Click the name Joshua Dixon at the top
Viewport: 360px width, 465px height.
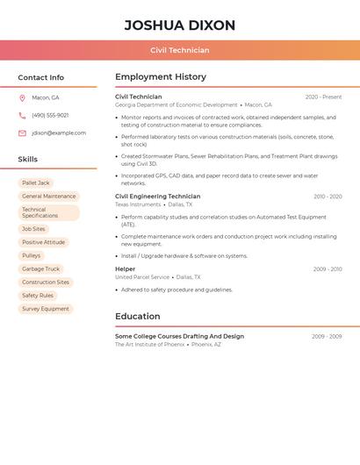179,25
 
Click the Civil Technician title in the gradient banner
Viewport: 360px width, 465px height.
179,50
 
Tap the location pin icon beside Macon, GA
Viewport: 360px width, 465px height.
22,97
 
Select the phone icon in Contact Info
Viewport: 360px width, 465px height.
22,115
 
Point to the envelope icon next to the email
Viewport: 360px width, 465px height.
22,133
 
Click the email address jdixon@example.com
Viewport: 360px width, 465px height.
59,133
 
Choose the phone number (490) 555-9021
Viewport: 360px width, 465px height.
50,115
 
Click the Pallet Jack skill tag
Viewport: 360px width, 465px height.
36,183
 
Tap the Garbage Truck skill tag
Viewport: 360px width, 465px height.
41,269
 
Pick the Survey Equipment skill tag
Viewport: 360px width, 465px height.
46,309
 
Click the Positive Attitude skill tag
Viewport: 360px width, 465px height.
44,242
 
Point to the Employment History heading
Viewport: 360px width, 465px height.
161,77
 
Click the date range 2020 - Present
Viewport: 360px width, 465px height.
323,97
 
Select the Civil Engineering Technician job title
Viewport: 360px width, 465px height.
157,197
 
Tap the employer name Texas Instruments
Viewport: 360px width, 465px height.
138,204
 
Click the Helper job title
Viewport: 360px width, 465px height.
125,269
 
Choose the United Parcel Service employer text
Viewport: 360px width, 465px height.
142,277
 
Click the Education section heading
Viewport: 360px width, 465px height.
138,317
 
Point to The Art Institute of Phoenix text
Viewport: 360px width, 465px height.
149,345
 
